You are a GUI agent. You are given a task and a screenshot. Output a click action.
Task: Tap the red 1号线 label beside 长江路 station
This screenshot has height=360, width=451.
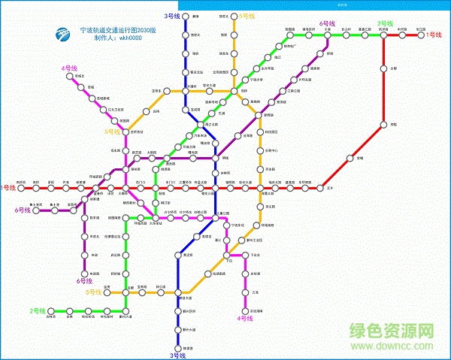(x=434, y=35)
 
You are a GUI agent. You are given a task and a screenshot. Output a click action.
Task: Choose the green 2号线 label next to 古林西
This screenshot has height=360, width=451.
(x=38, y=310)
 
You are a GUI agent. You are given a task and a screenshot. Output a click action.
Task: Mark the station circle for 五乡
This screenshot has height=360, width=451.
(x=328, y=187)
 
